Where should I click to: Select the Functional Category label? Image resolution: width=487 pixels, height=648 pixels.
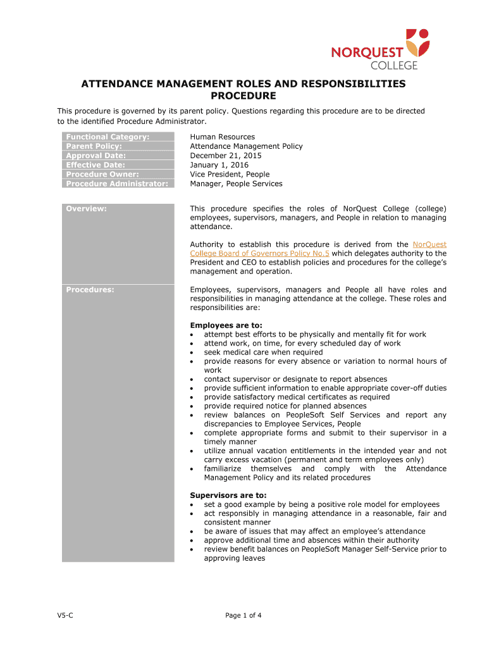click(108, 137)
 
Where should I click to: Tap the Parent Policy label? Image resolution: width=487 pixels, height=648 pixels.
click(94, 146)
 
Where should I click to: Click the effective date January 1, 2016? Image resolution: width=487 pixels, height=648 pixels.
click(219, 165)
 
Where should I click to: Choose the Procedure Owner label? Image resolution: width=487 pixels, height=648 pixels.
click(102, 174)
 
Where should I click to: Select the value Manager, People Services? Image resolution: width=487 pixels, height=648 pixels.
click(236, 184)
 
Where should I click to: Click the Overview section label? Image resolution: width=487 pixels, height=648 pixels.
click(86, 209)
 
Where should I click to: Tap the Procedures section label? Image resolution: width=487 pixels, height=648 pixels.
click(90, 290)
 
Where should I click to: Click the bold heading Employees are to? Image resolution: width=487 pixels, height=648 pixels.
click(226, 325)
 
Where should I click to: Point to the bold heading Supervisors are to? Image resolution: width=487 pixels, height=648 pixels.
click(228, 495)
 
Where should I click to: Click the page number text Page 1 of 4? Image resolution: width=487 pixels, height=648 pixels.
click(244, 615)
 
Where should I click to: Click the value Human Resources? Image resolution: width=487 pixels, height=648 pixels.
click(222, 137)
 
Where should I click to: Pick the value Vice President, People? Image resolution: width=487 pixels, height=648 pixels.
click(230, 174)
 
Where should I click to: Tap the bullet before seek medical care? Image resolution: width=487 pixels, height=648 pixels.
click(192, 352)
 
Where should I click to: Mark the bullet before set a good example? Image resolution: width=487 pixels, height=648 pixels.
click(192, 504)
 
